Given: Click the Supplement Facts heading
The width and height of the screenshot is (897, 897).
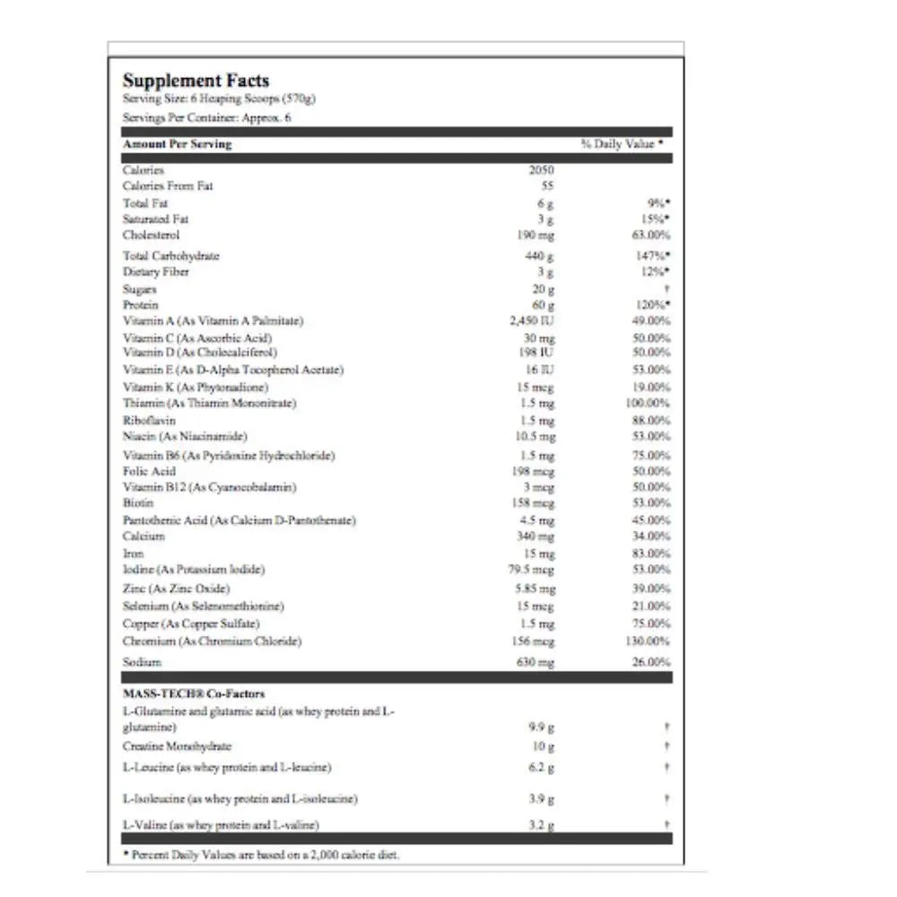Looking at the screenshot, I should click(x=196, y=81).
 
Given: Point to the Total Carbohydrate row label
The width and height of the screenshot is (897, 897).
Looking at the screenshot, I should click(x=171, y=256).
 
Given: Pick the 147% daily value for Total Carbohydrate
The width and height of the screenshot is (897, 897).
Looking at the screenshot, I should click(x=652, y=256).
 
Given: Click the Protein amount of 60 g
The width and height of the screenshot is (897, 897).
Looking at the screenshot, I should click(x=544, y=305).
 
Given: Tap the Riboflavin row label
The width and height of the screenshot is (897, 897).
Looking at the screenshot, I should click(x=149, y=420).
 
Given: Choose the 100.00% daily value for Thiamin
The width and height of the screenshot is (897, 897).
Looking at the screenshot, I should click(x=647, y=403).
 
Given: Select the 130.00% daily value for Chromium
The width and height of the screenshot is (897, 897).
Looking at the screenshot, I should click(x=647, y=641).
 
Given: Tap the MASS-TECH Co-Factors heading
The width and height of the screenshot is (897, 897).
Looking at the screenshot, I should click(x=193, y=693).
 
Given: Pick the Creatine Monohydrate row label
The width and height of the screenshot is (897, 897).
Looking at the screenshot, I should click(x=177, y=746).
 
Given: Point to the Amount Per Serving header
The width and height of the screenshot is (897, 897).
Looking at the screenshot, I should click(x=177, y=144).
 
